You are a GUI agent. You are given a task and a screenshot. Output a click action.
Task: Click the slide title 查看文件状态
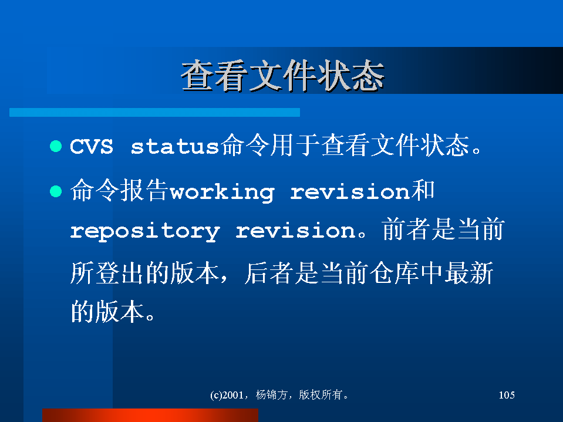coord(283,76)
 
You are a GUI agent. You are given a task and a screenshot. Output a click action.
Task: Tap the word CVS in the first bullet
coord(92,146)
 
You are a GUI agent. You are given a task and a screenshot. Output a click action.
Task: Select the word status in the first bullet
coord(175,146)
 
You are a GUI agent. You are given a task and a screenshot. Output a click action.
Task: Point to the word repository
coord(145,231)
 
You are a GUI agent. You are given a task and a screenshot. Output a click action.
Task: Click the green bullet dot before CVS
coord(56,146)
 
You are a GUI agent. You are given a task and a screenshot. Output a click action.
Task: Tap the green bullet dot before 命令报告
coord(56,191)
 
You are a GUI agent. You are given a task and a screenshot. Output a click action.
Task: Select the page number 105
coord(507,395)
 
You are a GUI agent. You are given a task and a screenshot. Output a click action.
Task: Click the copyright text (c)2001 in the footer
coord(227,395)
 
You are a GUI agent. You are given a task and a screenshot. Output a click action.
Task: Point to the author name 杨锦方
coord(271,395)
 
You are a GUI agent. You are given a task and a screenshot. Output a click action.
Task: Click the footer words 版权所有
coord(321,395)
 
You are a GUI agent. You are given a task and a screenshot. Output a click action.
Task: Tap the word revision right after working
coord(350,192)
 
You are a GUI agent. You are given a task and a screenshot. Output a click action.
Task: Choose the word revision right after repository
coord(295,231)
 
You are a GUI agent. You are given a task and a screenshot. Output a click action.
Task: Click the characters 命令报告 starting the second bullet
coord(119,190)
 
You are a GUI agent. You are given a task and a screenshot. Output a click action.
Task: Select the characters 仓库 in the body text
coord(395,273)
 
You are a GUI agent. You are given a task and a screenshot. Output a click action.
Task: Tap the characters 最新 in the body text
coord(469,273)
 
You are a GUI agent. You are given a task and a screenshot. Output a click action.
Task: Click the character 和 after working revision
coord(423,190)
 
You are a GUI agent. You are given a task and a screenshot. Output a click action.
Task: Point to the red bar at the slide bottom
coord(150,415)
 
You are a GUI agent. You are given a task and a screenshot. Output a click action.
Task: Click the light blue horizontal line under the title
coord(154,112)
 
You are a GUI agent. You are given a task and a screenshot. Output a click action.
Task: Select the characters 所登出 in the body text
coord(107,273)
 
